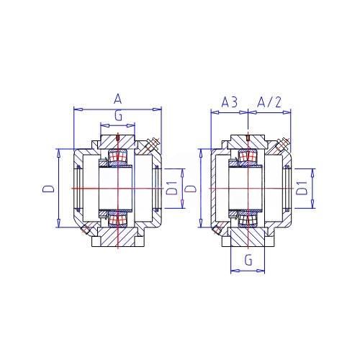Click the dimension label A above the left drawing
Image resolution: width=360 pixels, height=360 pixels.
pyautogui.click(x=117, y=99)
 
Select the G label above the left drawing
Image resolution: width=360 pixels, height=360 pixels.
pyautogui.click(x=118, y=116)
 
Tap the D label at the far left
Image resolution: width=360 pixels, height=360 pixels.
pyautogui.click(x=48, y=189)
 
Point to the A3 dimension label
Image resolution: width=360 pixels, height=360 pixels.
pyautogui.click(x=229, y=102)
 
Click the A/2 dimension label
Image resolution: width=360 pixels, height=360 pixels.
pyautogui.click(x=269, y=102)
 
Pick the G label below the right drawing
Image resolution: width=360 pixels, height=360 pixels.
pyautogui.click(x=248, y=260)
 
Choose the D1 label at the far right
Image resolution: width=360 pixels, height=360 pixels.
pyautogui.click(x=302, y=188)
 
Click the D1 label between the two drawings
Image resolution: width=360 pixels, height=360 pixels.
pyautogui.click(x=172, y=188)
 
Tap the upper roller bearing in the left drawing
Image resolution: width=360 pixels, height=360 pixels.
pyautogui.click(x=118, y=156)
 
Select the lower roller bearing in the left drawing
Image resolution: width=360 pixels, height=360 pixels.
pyautogui.click(x=118, y=220)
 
